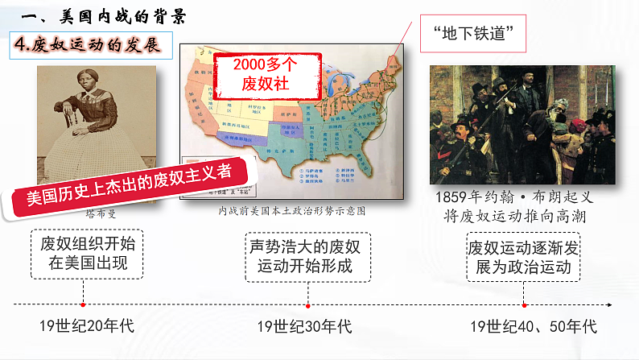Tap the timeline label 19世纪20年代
(x=86, y=326)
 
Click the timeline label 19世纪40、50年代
(x=534, y=326)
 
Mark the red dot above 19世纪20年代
(x=84, y=305)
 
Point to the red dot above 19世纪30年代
(x=309, y=305)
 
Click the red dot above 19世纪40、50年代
(x=524, y=305)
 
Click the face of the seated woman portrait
(x=85, y=89)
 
